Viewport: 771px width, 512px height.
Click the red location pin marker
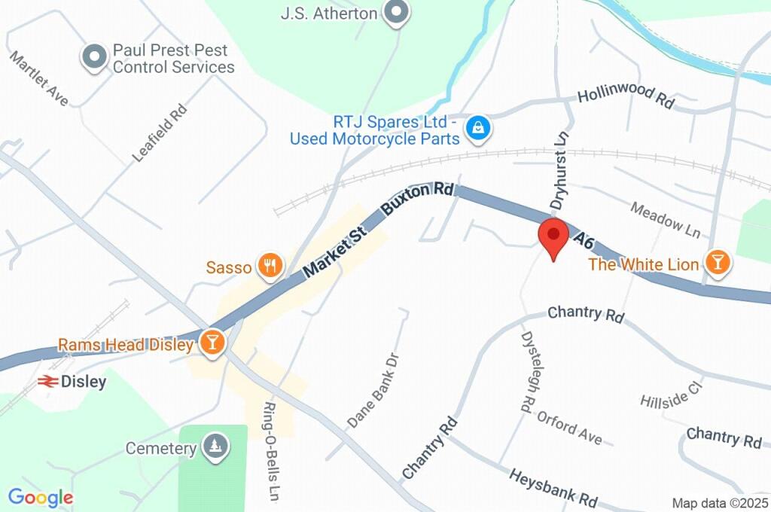point(554,236)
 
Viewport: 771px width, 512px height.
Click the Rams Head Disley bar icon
point(213,343)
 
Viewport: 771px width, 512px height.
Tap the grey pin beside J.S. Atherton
point(395,13)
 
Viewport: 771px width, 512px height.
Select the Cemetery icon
point(215,447)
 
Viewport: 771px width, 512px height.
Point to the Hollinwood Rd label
point(625,99)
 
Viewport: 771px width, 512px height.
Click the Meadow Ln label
point(665,217)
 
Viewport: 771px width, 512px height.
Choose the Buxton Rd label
point(418,200)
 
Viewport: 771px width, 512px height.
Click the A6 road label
point(584,242)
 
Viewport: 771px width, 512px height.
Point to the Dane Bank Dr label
point(373,388)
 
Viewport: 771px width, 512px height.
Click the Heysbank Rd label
point(553,488)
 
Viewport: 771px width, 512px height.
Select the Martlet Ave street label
point(39,78)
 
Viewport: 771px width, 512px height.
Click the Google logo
point(41,497)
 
